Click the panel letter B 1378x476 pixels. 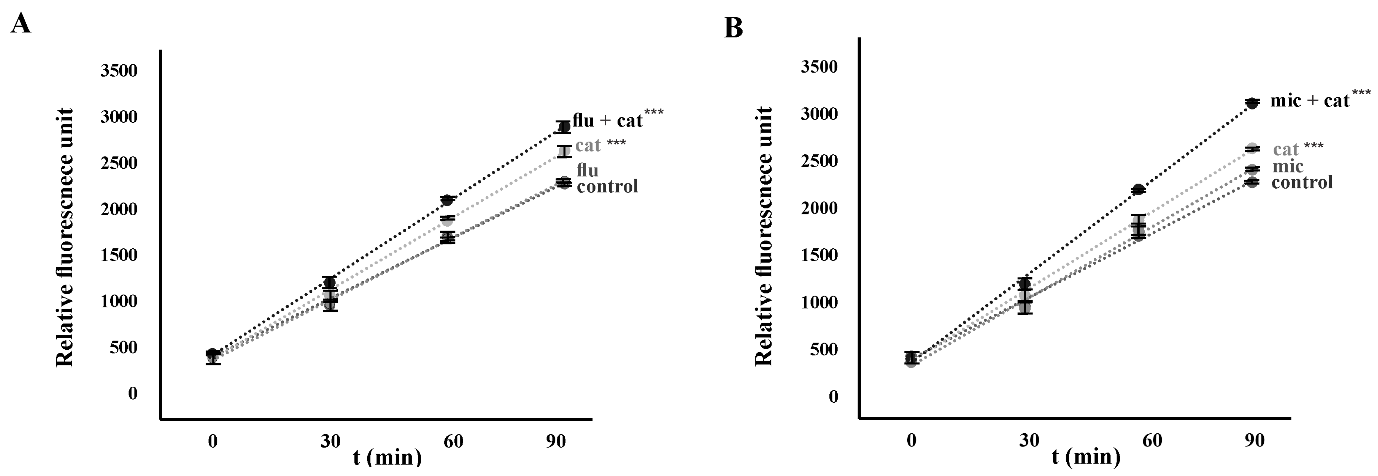pos(733,27)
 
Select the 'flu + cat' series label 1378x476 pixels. pos(607,120)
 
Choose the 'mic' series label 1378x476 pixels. pos(1288,166)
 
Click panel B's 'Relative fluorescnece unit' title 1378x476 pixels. pos(764,236)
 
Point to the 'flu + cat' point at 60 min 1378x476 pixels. pos(447,200)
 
